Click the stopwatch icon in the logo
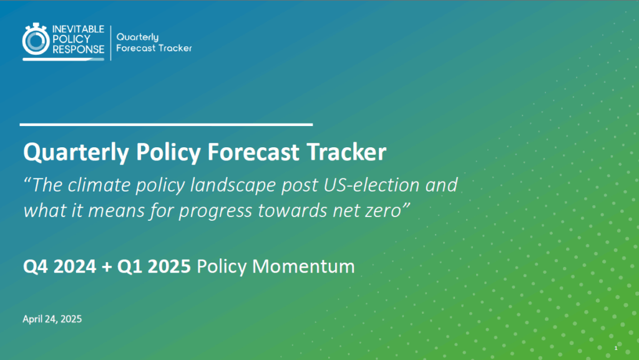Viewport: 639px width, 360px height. pos(36,39)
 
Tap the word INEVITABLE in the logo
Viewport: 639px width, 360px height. pos(78,29)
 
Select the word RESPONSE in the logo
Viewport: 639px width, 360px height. pos(78,49)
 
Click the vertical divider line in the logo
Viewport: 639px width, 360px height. pos(110,43)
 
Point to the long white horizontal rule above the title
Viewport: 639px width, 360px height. pos(166,124)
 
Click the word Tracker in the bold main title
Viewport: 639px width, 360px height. pos(346,152)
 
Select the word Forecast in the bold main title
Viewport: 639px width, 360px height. pos(253,152)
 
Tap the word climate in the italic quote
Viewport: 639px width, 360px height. pos(99,185)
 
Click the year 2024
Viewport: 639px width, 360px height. pos(75,267)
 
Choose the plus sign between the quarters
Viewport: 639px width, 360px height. pos(107,267)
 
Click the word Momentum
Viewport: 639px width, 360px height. pos(304,267)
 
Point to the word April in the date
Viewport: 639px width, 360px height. pos(33,319)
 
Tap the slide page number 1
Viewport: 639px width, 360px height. pos(616,348)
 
